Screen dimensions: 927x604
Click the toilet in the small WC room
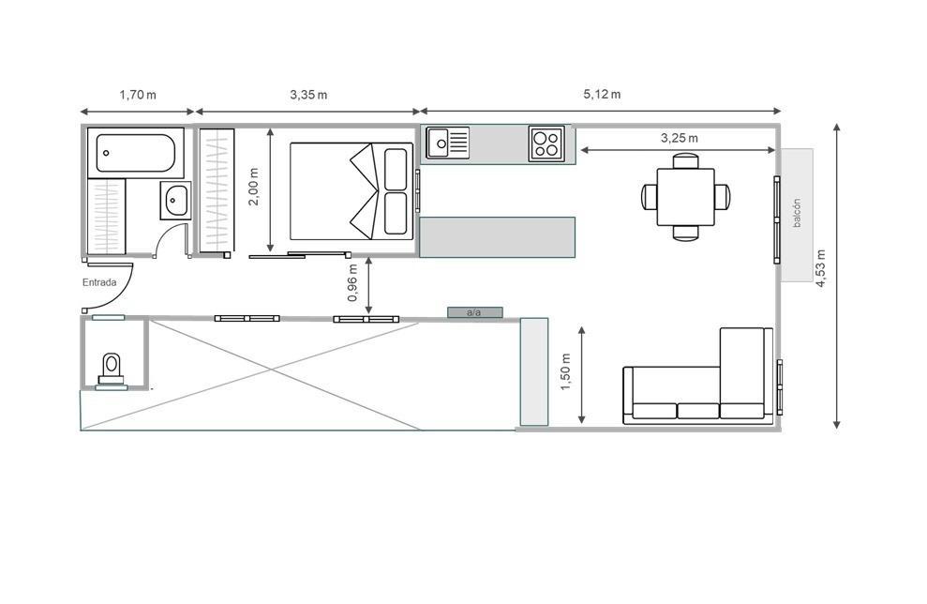point(112,370)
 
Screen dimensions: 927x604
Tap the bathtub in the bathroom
point(135,153)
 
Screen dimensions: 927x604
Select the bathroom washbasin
point(175,201)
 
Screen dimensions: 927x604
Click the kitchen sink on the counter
point(448,143)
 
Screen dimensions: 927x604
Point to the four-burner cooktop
point(546,143)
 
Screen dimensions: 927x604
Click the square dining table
point(686,196)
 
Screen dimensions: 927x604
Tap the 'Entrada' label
point(99,283)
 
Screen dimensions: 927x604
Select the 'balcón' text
point(797,213)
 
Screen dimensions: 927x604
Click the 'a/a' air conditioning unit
point(474,312)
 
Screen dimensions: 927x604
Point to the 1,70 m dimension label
point(138,95)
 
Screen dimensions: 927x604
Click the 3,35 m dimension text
point(308,95)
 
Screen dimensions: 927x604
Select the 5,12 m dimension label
point(602,94)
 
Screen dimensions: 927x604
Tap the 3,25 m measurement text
point(680,138)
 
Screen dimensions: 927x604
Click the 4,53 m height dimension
point(821,268)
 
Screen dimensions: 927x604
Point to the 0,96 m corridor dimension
point(353,282)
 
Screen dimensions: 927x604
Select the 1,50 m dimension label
point(566,371)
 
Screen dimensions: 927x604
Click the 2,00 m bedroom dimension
point(253,187)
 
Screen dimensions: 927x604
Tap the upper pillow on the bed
point(396,169)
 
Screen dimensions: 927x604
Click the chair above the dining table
point(686,161)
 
